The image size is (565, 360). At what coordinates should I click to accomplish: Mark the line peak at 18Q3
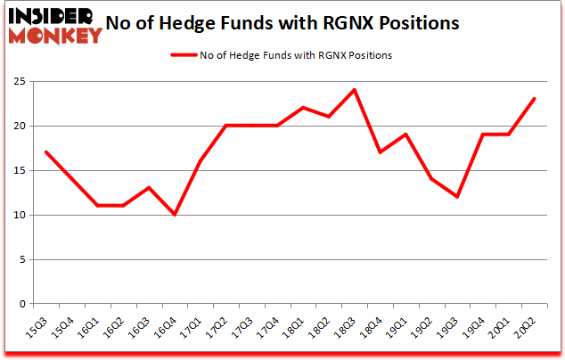[354, 90]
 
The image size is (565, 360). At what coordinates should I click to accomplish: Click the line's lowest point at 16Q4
[175, 215]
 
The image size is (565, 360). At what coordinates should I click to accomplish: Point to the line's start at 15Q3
[45, 152]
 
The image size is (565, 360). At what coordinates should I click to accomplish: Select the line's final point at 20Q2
[534, 99]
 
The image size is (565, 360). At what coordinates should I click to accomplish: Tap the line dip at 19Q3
[457, 197]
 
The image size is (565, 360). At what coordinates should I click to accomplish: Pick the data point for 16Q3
[149, 188]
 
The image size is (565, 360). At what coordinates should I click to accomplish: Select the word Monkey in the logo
[56, 37]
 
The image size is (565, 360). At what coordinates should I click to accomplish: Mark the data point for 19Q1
[405, 135]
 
